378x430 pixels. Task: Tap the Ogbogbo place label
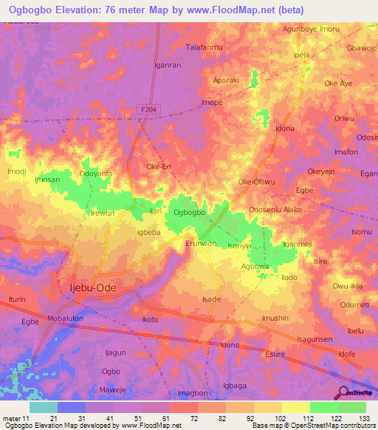[x=188, y=213]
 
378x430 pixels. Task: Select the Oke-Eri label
[x=159, y=167]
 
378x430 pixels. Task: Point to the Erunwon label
[x=201, y=243]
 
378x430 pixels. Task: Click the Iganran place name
[x=167, y=65]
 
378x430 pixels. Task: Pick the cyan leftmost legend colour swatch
[x=44, y=407]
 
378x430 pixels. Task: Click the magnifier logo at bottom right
[x=341, y=392]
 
